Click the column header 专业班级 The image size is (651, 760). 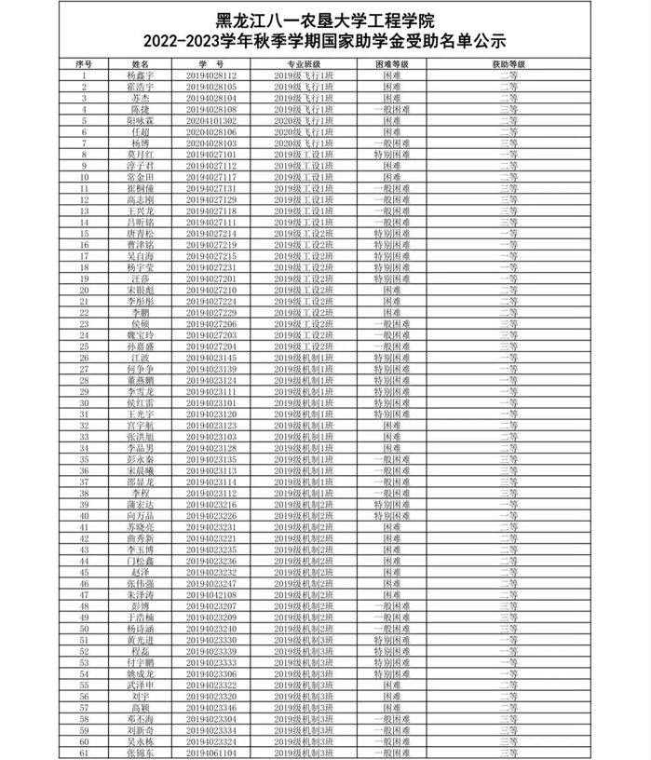coord(304,63)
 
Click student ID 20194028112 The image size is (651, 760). coord(211,75)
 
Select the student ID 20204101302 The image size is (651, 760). coord(211,120)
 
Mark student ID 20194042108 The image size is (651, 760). coord(211,595)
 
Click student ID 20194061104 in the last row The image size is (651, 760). coord(211,753)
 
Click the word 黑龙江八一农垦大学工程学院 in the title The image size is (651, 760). coord(325,19)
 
